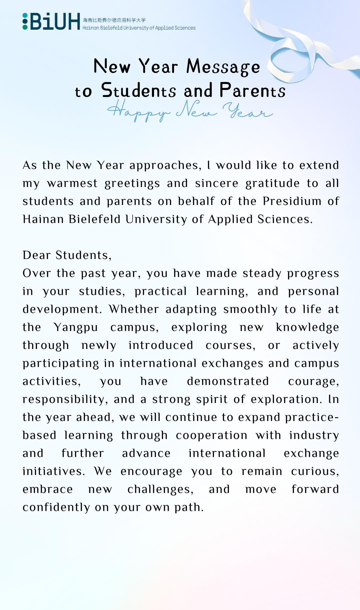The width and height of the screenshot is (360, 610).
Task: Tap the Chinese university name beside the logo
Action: (114, 20)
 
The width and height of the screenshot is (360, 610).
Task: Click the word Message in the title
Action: (223, 66)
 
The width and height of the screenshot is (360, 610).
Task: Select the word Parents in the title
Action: (252, 90)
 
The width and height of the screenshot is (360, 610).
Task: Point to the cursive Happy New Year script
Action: (190, 111)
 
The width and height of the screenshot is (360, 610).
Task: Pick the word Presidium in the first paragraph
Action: (292, 201)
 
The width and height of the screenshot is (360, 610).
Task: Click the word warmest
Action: (72, 183)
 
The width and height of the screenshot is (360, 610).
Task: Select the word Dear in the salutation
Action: (36, 255)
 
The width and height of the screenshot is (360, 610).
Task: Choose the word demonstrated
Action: (228, 381)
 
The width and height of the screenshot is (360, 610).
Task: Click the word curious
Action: (315, 471)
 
